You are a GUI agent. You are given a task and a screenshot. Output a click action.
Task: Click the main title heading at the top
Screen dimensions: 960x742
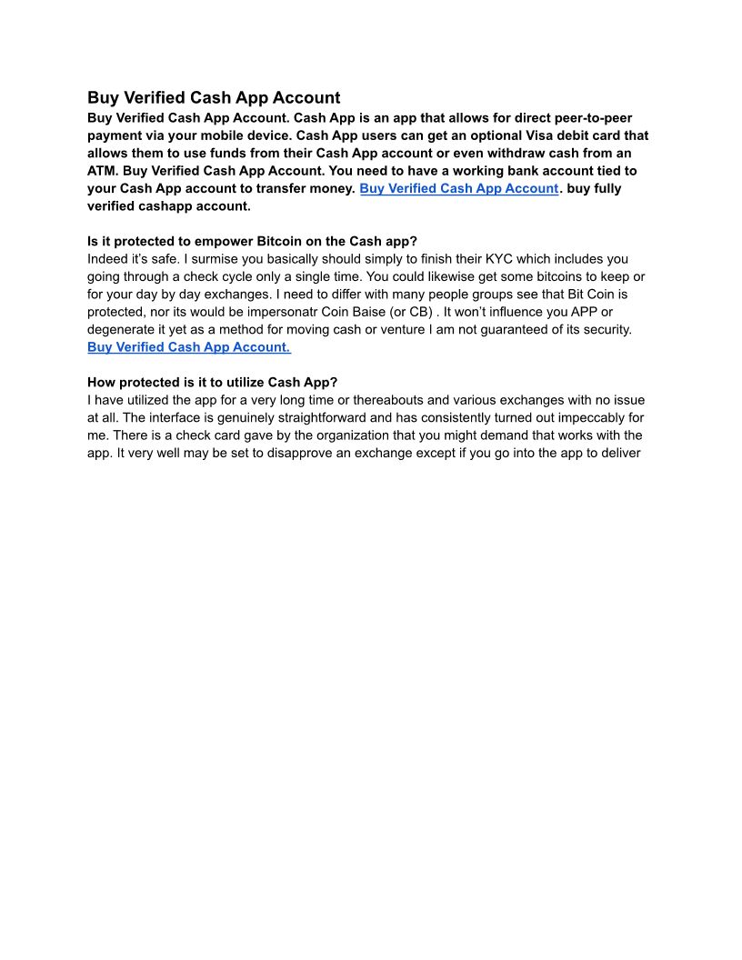click(x=214, y=97)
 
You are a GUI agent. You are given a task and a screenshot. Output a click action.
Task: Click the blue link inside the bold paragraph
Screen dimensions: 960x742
click(x=458, y=188)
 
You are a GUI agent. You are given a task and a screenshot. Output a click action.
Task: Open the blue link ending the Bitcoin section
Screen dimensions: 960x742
click(x=188, y=347)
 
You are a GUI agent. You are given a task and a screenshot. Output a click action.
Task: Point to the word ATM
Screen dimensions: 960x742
click(x=103, y=170)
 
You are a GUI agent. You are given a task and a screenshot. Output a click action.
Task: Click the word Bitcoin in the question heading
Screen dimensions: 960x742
click(x=270, y=241)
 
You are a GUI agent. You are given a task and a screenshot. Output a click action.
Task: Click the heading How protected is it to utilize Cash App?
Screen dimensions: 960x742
click(x=212, y=383)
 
